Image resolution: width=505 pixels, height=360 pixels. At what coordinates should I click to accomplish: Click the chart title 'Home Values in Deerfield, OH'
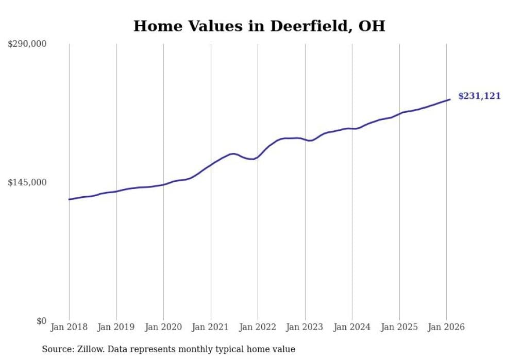259,26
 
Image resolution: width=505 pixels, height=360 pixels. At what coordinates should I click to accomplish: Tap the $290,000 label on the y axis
27,44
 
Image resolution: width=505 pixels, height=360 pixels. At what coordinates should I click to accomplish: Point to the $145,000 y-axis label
27,182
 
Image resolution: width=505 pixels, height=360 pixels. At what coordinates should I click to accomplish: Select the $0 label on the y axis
41,321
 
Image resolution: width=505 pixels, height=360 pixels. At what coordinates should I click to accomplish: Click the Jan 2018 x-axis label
69,327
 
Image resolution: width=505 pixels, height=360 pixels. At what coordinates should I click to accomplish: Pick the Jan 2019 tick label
116,327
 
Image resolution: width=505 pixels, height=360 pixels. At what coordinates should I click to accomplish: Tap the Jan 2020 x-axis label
163,327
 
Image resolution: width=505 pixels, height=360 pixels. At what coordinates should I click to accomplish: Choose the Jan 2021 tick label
210,327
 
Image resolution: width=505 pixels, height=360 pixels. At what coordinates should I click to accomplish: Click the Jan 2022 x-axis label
258,327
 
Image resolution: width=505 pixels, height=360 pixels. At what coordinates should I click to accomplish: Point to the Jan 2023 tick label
305,327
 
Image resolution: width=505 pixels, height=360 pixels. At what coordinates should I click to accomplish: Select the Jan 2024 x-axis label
352,327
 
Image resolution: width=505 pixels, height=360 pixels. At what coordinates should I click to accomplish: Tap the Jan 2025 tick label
399,327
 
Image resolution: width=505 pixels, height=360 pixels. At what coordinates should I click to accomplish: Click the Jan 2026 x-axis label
446,327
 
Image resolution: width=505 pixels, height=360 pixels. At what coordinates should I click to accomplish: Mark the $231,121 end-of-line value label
479,96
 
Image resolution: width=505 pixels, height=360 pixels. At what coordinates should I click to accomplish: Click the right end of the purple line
450,99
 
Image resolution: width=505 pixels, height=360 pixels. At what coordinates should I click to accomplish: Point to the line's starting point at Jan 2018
69,199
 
